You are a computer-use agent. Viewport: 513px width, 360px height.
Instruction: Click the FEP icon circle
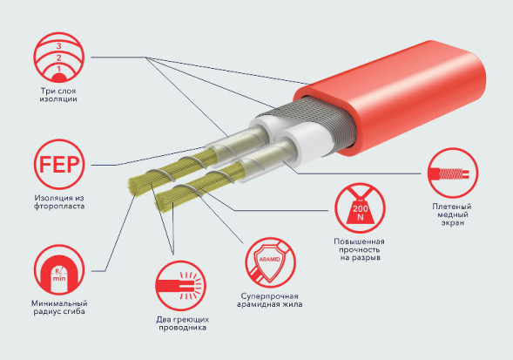(59, 165)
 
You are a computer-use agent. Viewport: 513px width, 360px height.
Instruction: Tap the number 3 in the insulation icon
(59, 45)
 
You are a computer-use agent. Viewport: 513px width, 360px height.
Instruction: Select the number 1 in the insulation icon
(59, 69)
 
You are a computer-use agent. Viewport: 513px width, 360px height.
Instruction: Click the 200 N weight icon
(360, 208)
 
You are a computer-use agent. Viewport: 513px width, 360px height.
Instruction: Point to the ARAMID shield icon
(270, 263)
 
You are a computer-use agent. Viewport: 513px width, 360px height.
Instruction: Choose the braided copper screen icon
(453, 173)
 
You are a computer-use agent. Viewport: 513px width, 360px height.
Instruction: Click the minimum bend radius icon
(59, 270)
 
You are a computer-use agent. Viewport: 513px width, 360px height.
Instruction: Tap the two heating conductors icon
(181, 286)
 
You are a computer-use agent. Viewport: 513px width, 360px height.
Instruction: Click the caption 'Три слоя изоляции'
(58, 95)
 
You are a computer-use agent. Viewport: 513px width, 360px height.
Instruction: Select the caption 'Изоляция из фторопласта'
(59, 201)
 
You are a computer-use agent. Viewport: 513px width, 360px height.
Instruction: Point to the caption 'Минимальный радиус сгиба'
(59, 307)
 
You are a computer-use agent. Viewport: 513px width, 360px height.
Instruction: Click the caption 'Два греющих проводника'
(182, 323)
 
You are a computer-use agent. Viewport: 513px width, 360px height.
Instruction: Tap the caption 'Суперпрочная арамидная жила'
(270, 300)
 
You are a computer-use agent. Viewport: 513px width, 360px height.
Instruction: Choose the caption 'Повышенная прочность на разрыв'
(359, 249)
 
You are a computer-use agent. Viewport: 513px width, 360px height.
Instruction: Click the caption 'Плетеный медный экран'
(452, 214)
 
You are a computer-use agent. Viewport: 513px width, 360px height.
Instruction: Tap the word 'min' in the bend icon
(59, 278)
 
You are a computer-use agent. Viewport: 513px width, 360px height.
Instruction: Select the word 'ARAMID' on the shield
(270, 259)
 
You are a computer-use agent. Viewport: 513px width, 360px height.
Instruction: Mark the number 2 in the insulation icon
(59, 58)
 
